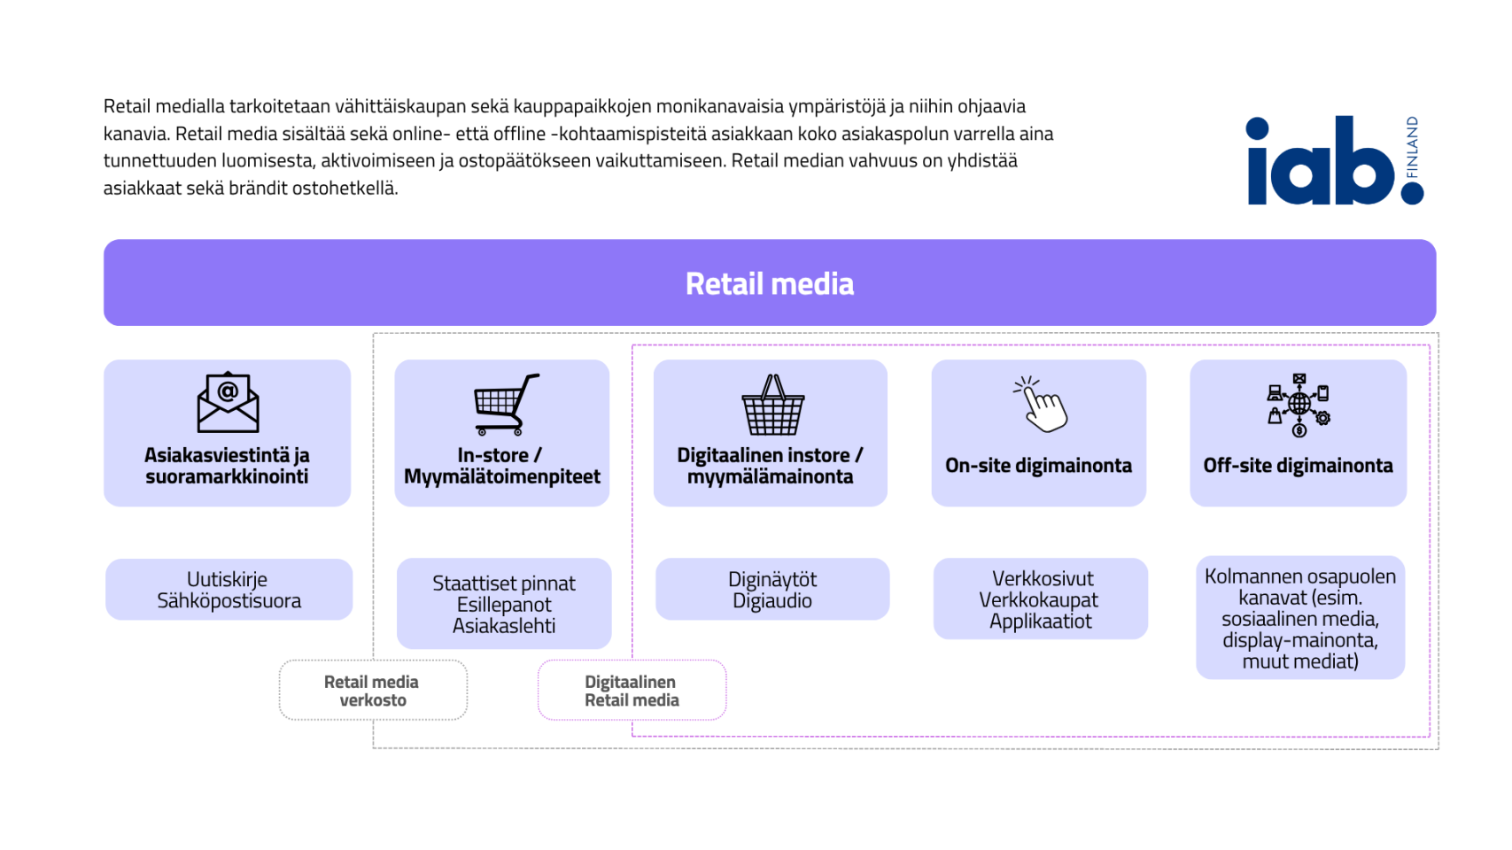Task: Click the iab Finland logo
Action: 1335,160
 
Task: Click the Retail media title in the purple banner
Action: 770,283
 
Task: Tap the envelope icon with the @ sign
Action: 229,402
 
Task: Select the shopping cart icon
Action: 507,404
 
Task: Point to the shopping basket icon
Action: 773,405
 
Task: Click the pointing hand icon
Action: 1040,404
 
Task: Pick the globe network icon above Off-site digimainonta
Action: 1299,405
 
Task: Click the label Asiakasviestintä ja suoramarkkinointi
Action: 227,466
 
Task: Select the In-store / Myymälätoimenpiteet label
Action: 501,466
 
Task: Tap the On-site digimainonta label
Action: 1038,466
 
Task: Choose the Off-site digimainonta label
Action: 1298,466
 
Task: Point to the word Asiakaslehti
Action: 503,625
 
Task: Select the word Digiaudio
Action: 772,600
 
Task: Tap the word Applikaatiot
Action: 1040,621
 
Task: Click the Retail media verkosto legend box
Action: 373,690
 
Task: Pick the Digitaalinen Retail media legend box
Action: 632,690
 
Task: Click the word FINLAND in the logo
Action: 1411,147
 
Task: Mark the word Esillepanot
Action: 503,605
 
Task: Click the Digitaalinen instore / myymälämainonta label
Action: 771,466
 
